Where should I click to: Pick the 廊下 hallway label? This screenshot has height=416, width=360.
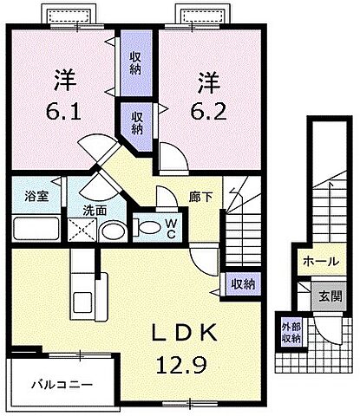[x=202, y=197]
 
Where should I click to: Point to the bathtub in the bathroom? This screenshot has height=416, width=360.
[x=36, y=228]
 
